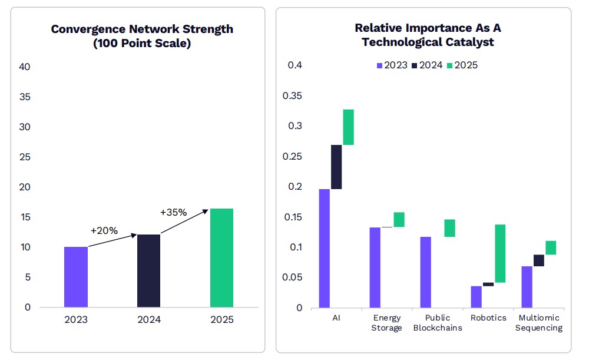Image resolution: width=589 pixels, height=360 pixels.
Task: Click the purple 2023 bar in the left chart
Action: pyautogui.click(x=76, y=277)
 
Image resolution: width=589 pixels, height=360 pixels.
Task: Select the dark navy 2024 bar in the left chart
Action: pyautogui.click(x=148, y=271)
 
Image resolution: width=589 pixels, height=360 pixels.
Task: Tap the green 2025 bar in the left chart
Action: pyautogui.click(x=221, y=258)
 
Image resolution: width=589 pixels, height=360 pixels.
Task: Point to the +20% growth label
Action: pyautogui.click(x=104, y=230)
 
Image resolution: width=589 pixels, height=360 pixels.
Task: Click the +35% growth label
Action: pyautogui.click(x=173, y=212)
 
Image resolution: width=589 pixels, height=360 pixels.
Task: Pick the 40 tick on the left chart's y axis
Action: pyautogui.click(x=25, y=67)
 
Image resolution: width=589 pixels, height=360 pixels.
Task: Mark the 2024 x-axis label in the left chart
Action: pyautogui.click(x=148, y=320)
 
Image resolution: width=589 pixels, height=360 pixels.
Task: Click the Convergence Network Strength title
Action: pyautogui.click(x=142, y=36)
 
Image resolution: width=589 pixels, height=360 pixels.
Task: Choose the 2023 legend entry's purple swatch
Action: pyautogui.click(x=379, y=65)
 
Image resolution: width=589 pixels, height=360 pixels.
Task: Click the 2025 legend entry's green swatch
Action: pyautogui.click(x=451, y=65)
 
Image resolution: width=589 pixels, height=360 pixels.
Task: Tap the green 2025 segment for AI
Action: pyautogui.click(x=349, y=127)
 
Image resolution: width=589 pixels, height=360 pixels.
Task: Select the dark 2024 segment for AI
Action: pyautogui.click(x=336, y=167)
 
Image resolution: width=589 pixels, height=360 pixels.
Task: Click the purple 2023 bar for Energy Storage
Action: pyautogui.click(x=375, y=267)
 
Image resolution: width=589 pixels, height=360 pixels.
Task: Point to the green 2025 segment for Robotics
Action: pyautogui.click(x=500, y=253)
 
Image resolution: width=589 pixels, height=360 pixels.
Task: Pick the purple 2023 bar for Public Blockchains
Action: pyautogui.click(x=426, y=272)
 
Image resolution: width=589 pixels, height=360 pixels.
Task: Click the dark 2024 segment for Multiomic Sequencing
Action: pyautogui.click(x=538, y=260)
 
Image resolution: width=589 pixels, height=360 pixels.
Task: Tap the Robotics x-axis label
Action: pyautogui.click(x=488, y=318)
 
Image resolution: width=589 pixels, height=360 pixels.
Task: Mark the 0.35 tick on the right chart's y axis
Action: pyautogui.click(x=293, y=95)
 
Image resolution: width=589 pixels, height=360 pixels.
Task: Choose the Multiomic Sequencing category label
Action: pyautogui.click(x=538, y=323)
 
